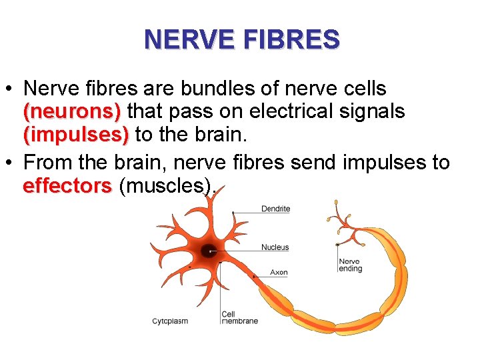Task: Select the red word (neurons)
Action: pyautogui.click(x=72, y=111)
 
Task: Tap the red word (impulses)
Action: pyautogui.click(x=76, y=135)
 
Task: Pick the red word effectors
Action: pyautogui.click(x=67, y=186)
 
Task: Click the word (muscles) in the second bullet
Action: pyautogui.click(x=167, y=186)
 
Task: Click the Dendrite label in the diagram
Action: pyautogui.click(x=275, y=209)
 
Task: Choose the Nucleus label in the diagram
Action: pyautogui.click(x=275, y=247)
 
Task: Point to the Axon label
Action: pyautogui.click(x=279, y=272)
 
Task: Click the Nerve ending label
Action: pyautogui.click(x=350, y=265)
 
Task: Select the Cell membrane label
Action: pyautogui.click(x=239, y=317)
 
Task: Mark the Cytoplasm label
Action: pyautogui.click(x=170, y=321)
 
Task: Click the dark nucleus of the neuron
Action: pyautogui.click(x=209, y=251)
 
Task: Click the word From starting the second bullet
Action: pyautogui.click(x=47, y=163)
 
